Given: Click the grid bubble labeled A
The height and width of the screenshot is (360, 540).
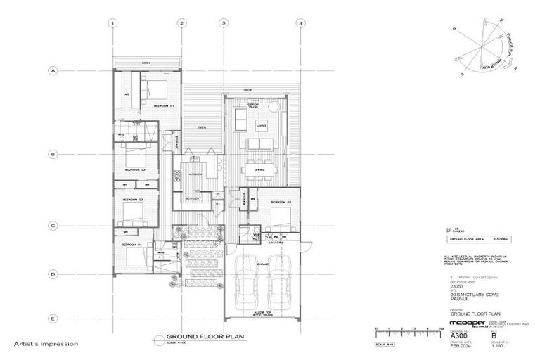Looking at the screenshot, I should (52, 70).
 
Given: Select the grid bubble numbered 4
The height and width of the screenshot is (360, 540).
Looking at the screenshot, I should (300, 22).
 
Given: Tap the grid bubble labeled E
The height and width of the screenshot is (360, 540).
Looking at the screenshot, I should (52, 319).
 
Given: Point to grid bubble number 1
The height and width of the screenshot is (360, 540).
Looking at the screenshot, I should (112, 22).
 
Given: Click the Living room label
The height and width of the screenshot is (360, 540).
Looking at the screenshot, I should (259, 125).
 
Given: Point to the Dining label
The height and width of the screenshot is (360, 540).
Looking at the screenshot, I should (259, 169).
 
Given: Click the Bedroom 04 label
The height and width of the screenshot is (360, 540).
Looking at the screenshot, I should (134, 245).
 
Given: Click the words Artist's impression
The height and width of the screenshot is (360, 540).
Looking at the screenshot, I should (46, 345).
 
